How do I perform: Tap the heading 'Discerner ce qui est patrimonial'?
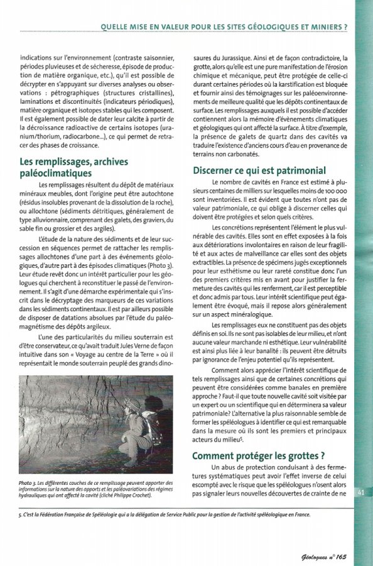click(x=259, y=170)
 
